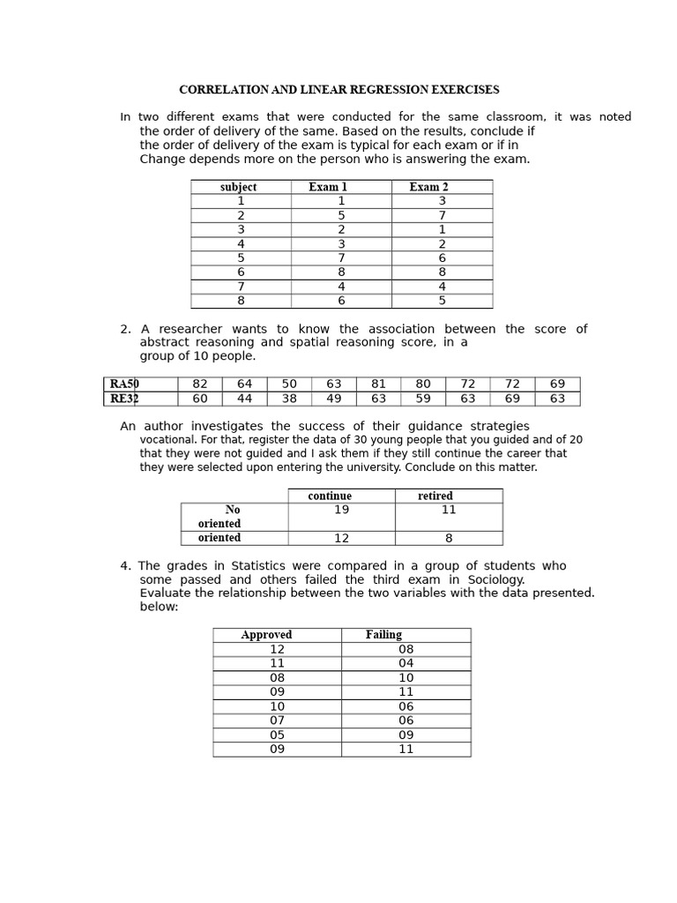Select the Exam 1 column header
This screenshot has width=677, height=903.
pos(328,187)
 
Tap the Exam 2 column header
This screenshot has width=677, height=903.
pos(429,187)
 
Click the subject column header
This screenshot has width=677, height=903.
pos(238,187)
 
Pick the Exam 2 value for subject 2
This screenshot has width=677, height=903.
pos(442,215)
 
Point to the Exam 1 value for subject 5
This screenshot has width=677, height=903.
pos(341,257)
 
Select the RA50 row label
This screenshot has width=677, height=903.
pos(124,384)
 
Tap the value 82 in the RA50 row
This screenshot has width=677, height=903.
pos(200,384)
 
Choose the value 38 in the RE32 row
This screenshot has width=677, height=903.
pos(289,399)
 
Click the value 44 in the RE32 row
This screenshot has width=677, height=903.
pos(244,399)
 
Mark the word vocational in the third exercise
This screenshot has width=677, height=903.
pos(167,439)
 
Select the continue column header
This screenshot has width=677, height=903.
pos(330,496)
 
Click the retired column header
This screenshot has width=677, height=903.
pos(435,496)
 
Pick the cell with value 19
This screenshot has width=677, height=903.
pos(341,510)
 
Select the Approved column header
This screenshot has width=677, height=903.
pos(266,635)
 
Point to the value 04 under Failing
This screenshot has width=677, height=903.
pos(405,663)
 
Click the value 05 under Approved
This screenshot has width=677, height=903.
pos(277,735)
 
